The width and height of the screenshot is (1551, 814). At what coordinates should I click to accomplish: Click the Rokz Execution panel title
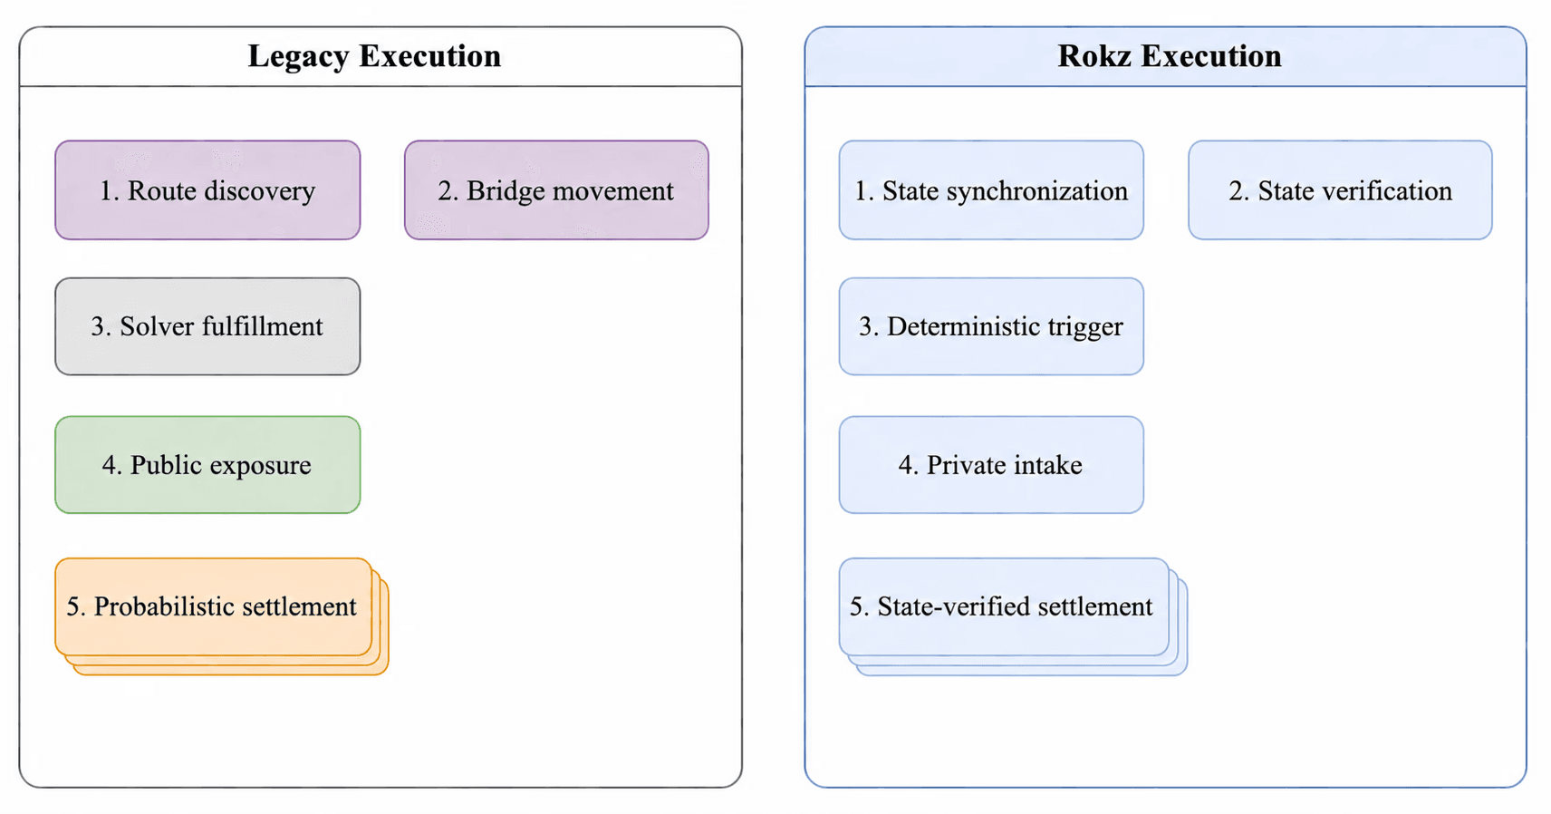1170,56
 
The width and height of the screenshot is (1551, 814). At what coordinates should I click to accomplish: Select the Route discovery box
207,190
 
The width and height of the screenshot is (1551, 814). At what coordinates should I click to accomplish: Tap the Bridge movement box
556,190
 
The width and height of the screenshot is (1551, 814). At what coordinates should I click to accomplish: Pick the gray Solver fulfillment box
207,326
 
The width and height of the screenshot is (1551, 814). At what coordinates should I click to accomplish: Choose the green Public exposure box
207,465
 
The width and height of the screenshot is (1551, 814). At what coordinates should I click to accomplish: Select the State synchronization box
991,190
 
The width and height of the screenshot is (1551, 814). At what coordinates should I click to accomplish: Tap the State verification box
1341,190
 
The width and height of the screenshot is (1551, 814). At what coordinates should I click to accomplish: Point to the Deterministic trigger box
991,326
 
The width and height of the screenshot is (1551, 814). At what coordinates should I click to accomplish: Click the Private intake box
991,465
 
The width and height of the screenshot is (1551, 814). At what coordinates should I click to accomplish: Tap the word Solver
155,326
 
